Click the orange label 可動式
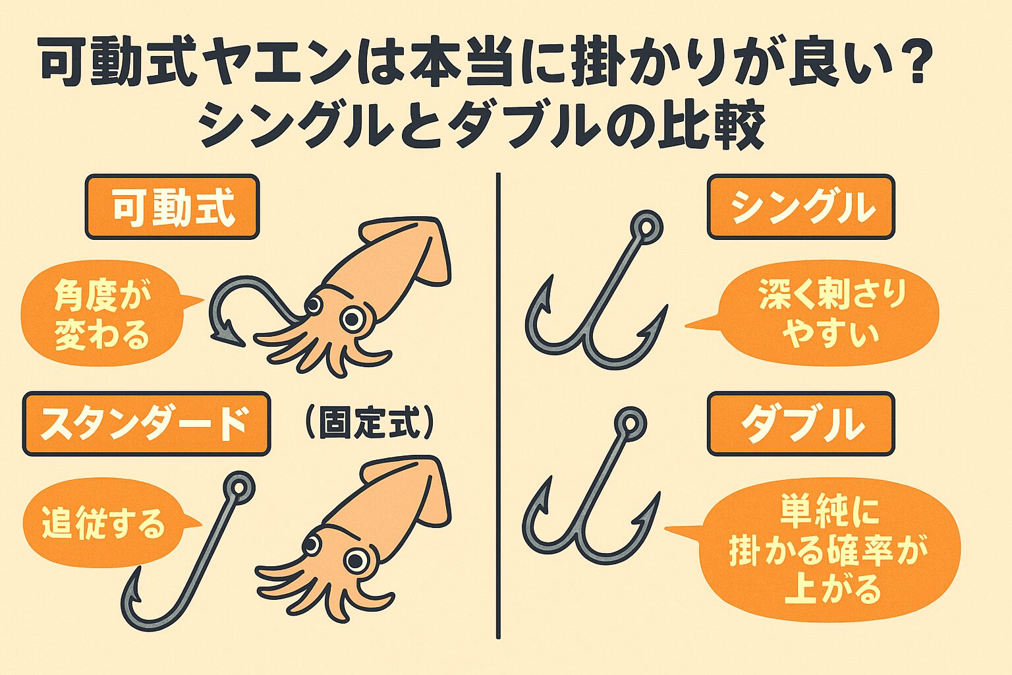[172, 207]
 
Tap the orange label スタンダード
[146, 424]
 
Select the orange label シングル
[801, 207]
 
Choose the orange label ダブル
[801, 424]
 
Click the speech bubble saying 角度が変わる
[102, 314]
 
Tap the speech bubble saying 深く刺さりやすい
[830, 313]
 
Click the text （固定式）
[369, 423]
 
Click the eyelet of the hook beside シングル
[646, 227]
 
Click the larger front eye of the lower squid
[356, 560]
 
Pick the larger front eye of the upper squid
[354, 320]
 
